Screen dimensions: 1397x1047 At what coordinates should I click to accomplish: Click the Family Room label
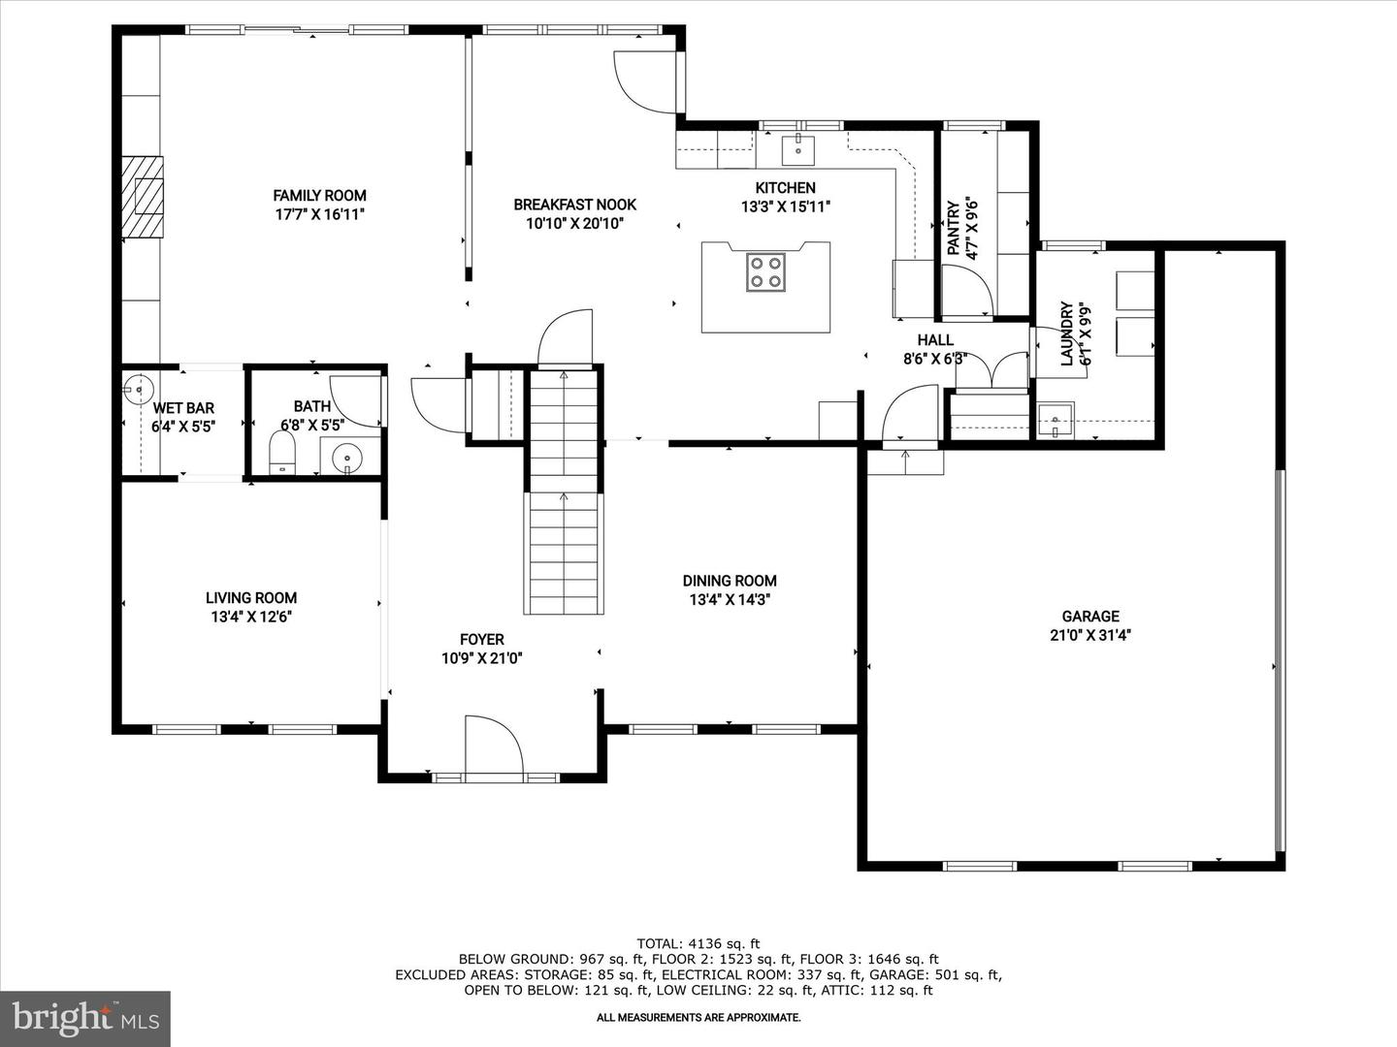coord(319,196)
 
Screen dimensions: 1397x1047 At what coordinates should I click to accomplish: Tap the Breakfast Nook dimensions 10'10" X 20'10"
coord(574,224)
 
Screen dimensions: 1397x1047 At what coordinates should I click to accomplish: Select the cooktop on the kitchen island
coord(765,272)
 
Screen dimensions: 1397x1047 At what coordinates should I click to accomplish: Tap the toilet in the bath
coord(282,453)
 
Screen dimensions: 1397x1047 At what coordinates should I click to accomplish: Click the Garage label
coord(1090,616)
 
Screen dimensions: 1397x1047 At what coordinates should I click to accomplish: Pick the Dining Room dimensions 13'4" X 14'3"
coord(730,599)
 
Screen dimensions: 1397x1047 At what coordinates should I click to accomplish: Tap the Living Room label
coord(250,597)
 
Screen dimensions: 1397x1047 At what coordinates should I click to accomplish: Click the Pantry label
coord(954,228)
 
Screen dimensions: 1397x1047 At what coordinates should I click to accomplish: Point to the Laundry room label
coord(1067,333)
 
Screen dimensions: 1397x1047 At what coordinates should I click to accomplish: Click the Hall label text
coord(935,340)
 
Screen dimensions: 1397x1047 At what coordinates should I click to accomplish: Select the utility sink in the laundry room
coord(1056,420)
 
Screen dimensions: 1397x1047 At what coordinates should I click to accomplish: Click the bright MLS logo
coord(85,1018)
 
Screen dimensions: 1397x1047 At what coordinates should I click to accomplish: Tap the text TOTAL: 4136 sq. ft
coord(698,944)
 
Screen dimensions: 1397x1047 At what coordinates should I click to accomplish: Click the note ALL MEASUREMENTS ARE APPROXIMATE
coord(698,1018)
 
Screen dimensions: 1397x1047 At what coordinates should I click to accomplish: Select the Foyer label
coord(482,640)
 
